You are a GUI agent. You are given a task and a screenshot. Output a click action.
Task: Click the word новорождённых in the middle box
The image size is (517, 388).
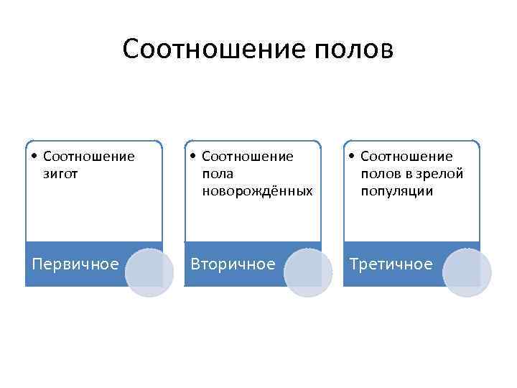(257, 191)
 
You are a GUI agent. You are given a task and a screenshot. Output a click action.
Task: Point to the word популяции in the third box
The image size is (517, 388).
(397, 191)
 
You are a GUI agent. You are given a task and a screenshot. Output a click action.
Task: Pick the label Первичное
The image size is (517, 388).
(75, 264)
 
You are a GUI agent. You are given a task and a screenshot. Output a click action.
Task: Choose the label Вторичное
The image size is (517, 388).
(232, 264)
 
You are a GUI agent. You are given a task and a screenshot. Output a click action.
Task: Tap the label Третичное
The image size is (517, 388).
(391, 264)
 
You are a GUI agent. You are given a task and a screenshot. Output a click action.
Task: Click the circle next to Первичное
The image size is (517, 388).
(149, 272)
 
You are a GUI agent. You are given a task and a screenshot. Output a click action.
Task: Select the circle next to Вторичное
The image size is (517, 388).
(309, 272)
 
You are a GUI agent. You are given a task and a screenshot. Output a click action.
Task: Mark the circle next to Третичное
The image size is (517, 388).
(467, 272)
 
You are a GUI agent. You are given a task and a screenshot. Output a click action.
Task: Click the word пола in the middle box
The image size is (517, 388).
(218, 174)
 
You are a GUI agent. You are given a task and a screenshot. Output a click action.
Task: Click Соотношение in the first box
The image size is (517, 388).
(89, 157)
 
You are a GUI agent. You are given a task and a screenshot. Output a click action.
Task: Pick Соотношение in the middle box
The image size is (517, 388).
(248, 157)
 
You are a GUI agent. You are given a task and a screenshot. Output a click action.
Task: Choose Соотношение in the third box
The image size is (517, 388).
(406, 157)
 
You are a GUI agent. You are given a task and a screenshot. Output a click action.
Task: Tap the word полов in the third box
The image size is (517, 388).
(381, 174)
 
